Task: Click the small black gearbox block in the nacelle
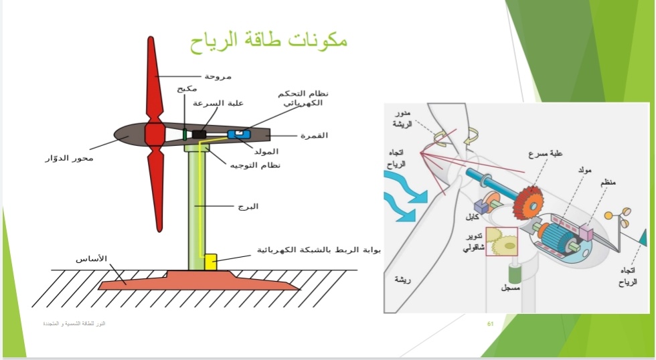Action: (x=199, y=134)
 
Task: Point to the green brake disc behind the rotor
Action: (x=184, y=134)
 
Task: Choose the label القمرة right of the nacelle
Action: (x=314, y=135)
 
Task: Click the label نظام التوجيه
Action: (x=255, y=165)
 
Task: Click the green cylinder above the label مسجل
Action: (x=514, y=274)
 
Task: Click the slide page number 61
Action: (x=490, y=325)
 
